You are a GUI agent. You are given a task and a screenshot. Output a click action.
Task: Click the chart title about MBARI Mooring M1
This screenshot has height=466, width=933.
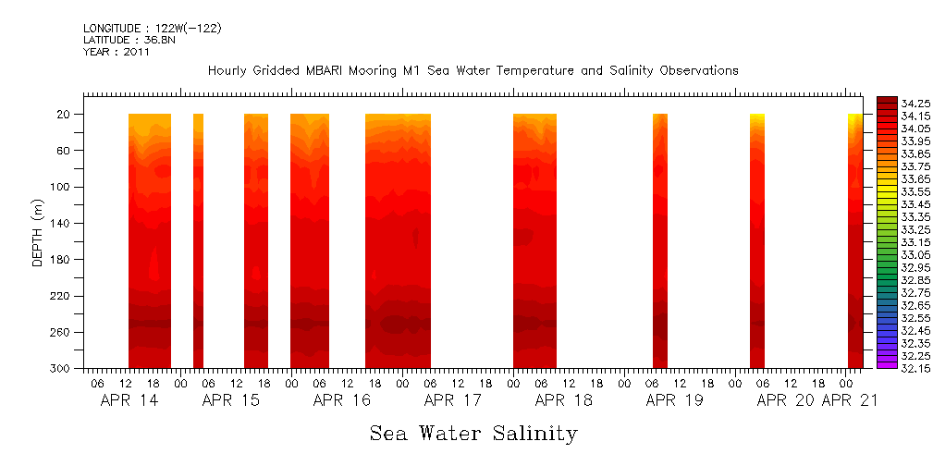473,70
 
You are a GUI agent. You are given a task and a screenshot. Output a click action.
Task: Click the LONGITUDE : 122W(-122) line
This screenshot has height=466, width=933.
152,29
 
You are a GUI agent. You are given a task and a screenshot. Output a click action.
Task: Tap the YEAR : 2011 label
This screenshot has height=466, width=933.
116,52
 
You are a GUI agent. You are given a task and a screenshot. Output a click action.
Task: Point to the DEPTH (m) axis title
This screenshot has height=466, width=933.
38,232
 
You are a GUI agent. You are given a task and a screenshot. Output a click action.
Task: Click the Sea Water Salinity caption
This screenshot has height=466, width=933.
473,433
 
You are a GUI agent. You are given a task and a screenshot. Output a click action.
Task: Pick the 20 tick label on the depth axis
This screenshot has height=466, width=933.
65,115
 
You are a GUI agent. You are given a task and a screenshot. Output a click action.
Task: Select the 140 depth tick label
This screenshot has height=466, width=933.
62,223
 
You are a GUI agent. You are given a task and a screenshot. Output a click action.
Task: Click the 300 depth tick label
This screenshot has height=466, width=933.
62,369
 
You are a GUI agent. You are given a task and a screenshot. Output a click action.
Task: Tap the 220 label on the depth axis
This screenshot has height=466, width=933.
62,296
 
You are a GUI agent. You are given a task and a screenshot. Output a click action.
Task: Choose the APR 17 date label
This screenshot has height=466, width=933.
452,400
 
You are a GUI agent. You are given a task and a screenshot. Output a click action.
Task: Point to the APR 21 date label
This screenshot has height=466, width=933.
849,400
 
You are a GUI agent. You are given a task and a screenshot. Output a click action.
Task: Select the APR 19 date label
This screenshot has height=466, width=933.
674,400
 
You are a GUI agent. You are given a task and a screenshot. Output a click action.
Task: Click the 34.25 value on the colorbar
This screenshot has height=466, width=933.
915,103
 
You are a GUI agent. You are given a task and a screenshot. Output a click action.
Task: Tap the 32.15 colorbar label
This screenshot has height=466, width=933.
915,369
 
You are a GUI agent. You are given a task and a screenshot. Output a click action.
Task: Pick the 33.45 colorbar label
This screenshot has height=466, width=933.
915,204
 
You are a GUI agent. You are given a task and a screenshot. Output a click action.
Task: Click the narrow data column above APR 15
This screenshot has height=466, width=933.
198,240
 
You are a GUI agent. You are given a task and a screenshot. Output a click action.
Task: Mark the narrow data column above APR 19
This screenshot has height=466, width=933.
659,240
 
